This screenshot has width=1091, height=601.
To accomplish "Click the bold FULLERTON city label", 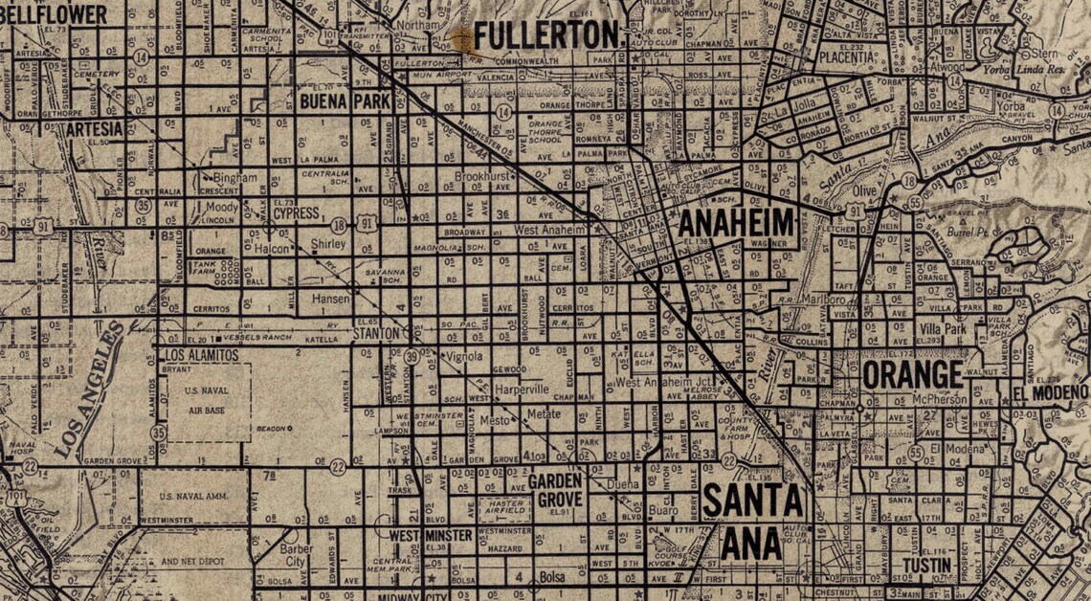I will tap(547, 36).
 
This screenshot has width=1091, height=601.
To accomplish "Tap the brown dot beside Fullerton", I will tap(463, 38).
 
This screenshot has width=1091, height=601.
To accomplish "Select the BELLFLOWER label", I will tap(55, 13).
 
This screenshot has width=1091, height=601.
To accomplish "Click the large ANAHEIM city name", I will tap(736, 224).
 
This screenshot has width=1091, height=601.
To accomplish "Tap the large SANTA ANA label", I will tap(752, 522).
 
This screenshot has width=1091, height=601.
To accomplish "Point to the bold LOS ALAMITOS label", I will tap(192, 355).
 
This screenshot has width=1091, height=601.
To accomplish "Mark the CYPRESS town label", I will tap(296, 214).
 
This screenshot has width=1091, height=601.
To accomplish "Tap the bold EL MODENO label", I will tap(1050, 393).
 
